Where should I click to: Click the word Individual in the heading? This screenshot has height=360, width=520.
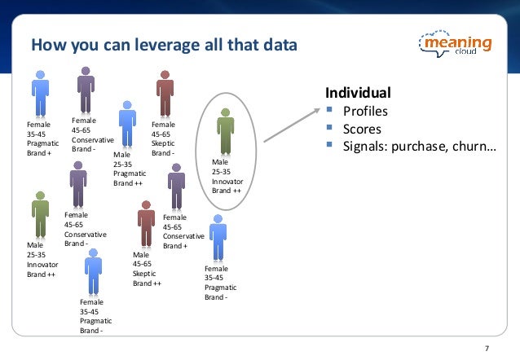click(x=358, y=92)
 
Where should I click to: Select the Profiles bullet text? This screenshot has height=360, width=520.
click(x=364, y=111)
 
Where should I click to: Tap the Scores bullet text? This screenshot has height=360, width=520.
click(x=360, y=129)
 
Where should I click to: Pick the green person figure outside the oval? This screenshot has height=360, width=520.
click(x=39, y=213)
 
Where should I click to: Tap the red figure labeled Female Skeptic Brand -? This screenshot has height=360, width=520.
click(x=165, y=95)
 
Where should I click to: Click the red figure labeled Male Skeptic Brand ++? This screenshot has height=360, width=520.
click(x=147, y=226)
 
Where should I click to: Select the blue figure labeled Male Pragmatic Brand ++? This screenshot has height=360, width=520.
click(x=126, y=123)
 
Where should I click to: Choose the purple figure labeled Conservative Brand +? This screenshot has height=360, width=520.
click(x=176, y=187)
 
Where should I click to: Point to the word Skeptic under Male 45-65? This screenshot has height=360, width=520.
click(x=146, y=274)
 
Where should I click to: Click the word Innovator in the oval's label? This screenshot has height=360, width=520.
click(x=228, y=181)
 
